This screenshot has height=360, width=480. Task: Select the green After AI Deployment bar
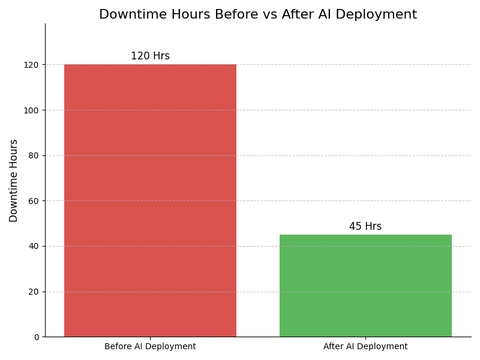(365, 286)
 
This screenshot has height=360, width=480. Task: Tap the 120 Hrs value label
(150, 56)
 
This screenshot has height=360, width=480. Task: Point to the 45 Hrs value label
(365, 227)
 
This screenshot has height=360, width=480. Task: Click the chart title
(258, 14)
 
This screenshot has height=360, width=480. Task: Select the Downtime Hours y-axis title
(14, 181)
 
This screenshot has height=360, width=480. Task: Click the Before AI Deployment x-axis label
(150, 347)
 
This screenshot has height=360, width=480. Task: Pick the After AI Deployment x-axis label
(365, 347)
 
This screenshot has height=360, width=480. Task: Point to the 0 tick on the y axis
(37, 337)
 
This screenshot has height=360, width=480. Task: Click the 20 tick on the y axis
(34, 292)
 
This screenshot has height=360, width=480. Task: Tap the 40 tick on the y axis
(34, 246)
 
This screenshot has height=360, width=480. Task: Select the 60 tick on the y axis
(34, 201)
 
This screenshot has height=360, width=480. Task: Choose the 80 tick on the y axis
(34, 155)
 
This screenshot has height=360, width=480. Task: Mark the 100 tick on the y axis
(32, 110)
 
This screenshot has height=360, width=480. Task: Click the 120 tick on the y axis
(32, 65)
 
